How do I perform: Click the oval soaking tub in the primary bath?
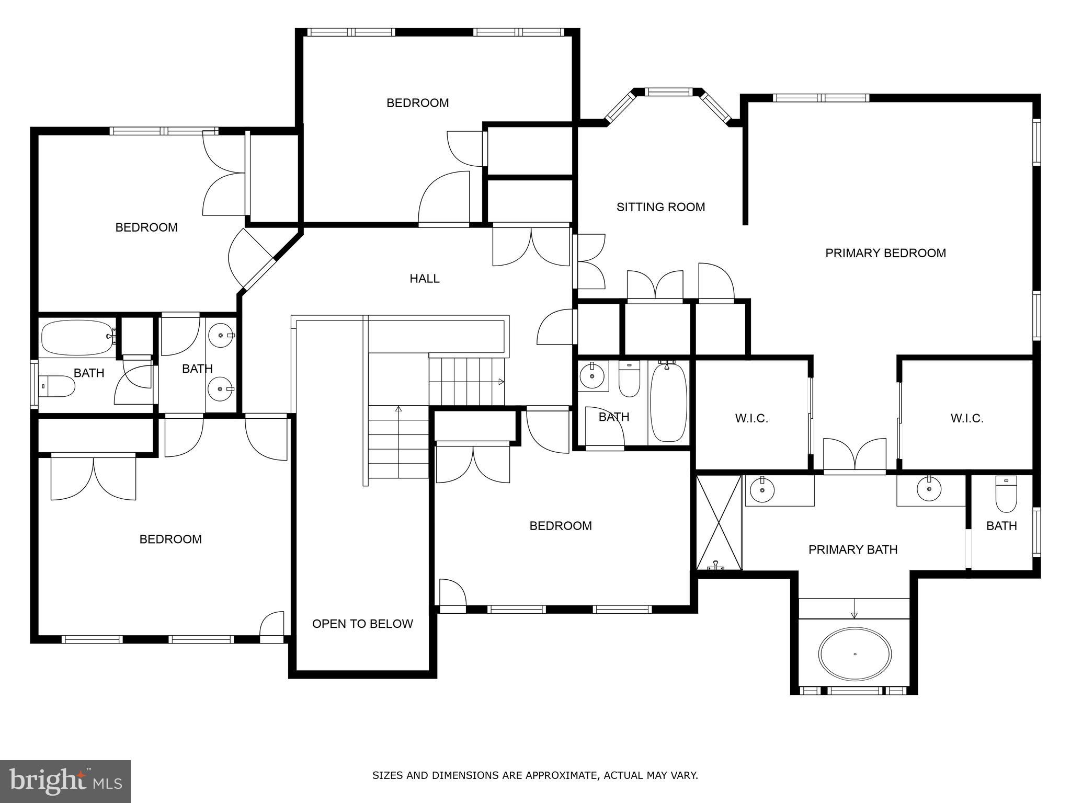[x=855, y=654]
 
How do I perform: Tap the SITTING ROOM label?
[x=660, y=207]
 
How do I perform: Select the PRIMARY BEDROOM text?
[x=885, y=253]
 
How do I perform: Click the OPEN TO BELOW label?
[x=362, y=624]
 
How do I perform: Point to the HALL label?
[x=424, y=279]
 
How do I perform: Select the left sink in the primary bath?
[x=762, y=489]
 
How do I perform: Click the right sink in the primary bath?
[x=929, y=489]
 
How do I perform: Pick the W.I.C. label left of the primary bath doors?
[x=751, y=418]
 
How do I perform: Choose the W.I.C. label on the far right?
[x=967, y=418]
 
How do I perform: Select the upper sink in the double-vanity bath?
[x=222, y=335]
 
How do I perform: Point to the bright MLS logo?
[x=65, y=781]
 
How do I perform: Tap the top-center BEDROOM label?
[x=417, y=103]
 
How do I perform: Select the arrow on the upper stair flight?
[x=501, y=382]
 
